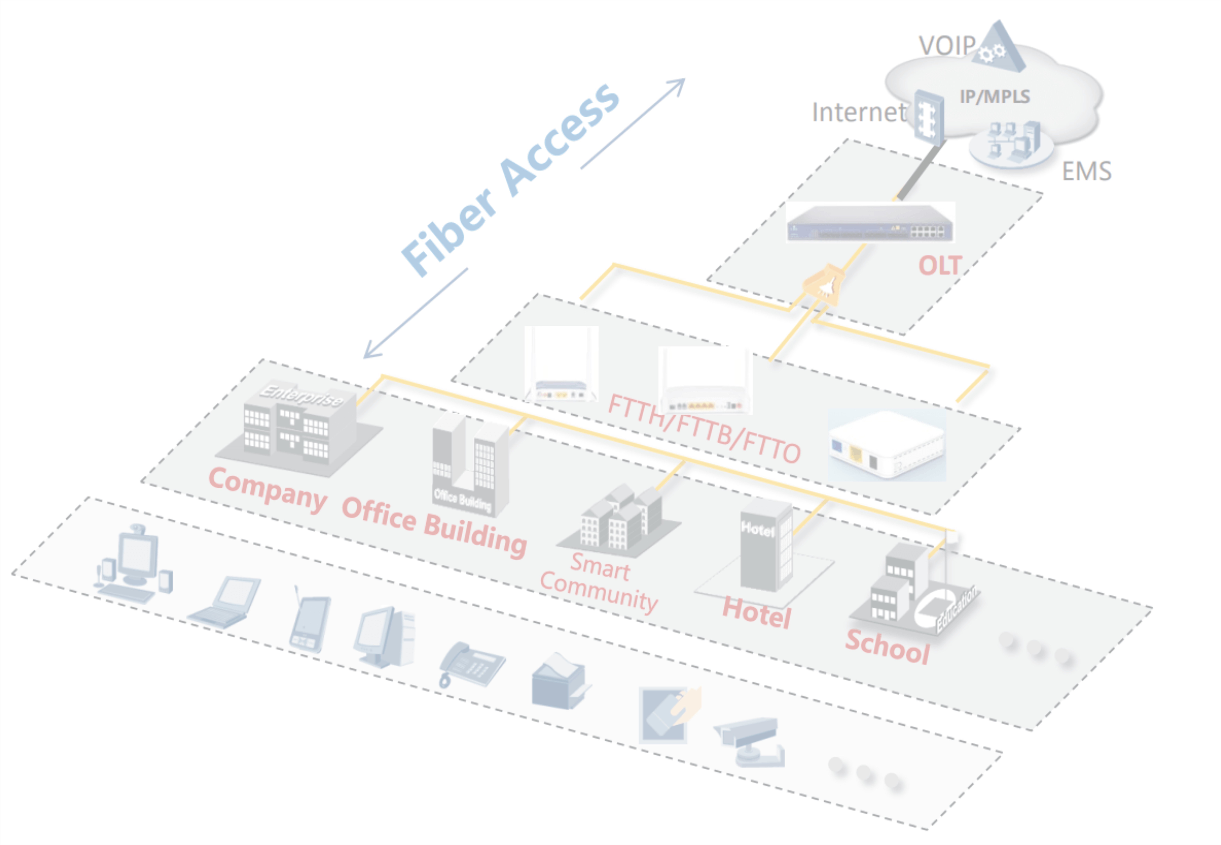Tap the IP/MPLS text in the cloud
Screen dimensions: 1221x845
[995, 96]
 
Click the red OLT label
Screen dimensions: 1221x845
[940, 265]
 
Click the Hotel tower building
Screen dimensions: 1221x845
[766, 545]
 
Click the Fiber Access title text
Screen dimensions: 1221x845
[510, 180]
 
